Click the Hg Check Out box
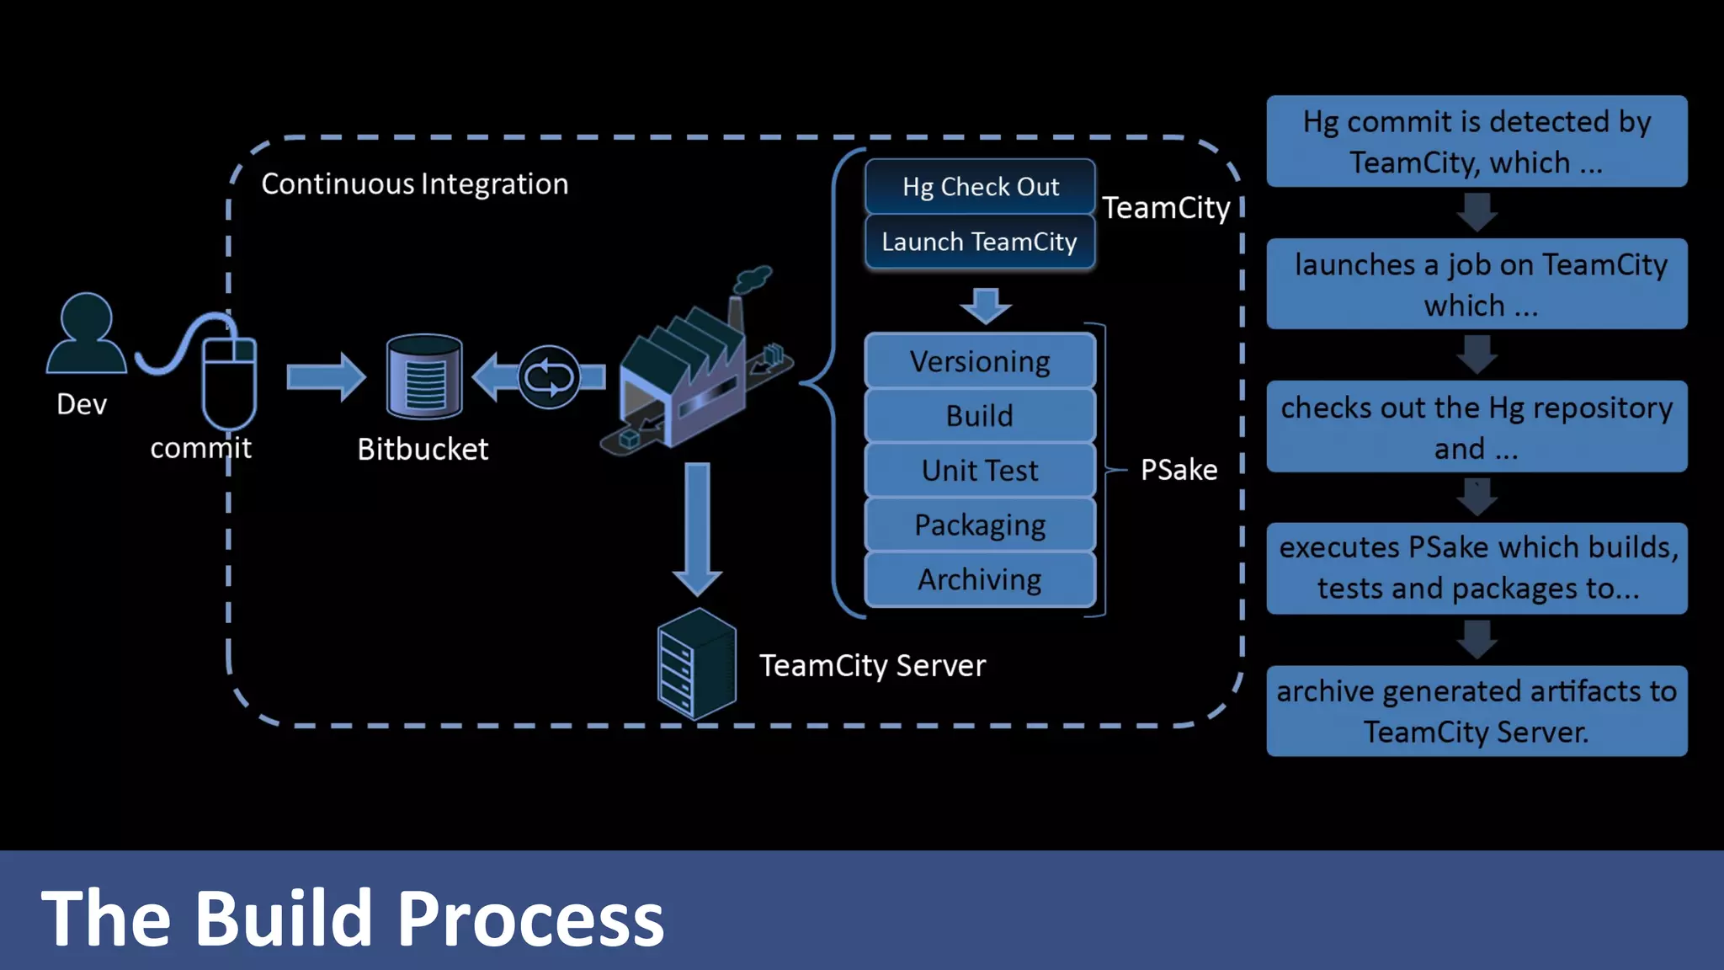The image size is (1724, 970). [980, 186]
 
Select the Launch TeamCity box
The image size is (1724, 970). [980, 242]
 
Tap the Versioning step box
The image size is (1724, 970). [980, 361]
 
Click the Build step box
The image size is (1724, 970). [980, 416]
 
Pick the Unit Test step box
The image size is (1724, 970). [980, 470]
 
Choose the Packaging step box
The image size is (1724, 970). [980, 525]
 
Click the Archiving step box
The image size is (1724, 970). [980, 579]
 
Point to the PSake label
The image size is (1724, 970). [1179, 470]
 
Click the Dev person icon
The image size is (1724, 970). [86, 334]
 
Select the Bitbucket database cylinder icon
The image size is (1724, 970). [424, 376]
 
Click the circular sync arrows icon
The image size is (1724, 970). [549, 377]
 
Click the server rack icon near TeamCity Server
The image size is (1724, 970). [696, 664]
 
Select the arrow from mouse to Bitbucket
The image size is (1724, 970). [325, 376]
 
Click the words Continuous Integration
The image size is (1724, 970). [414, 184]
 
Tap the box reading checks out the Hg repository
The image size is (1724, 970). [1477, 427]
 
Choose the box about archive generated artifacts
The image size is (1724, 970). [1477, 712]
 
